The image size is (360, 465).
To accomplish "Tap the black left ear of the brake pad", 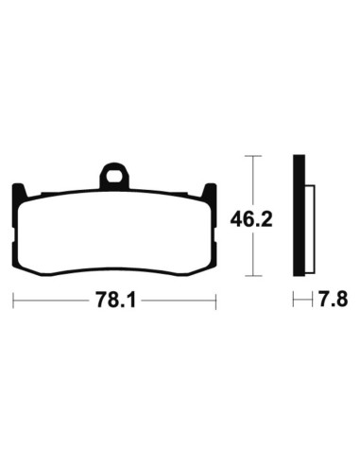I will [x=20, y=191].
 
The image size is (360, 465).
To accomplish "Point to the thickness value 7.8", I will [x=333, y=300].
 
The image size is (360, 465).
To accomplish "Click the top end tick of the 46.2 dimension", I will [x=250, y=154].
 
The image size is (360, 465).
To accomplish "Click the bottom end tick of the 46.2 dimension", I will [x=250, y=276].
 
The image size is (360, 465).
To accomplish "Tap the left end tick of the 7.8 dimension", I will [x=294, y=300].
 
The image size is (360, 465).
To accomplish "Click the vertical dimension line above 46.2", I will [x=250, y=180].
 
